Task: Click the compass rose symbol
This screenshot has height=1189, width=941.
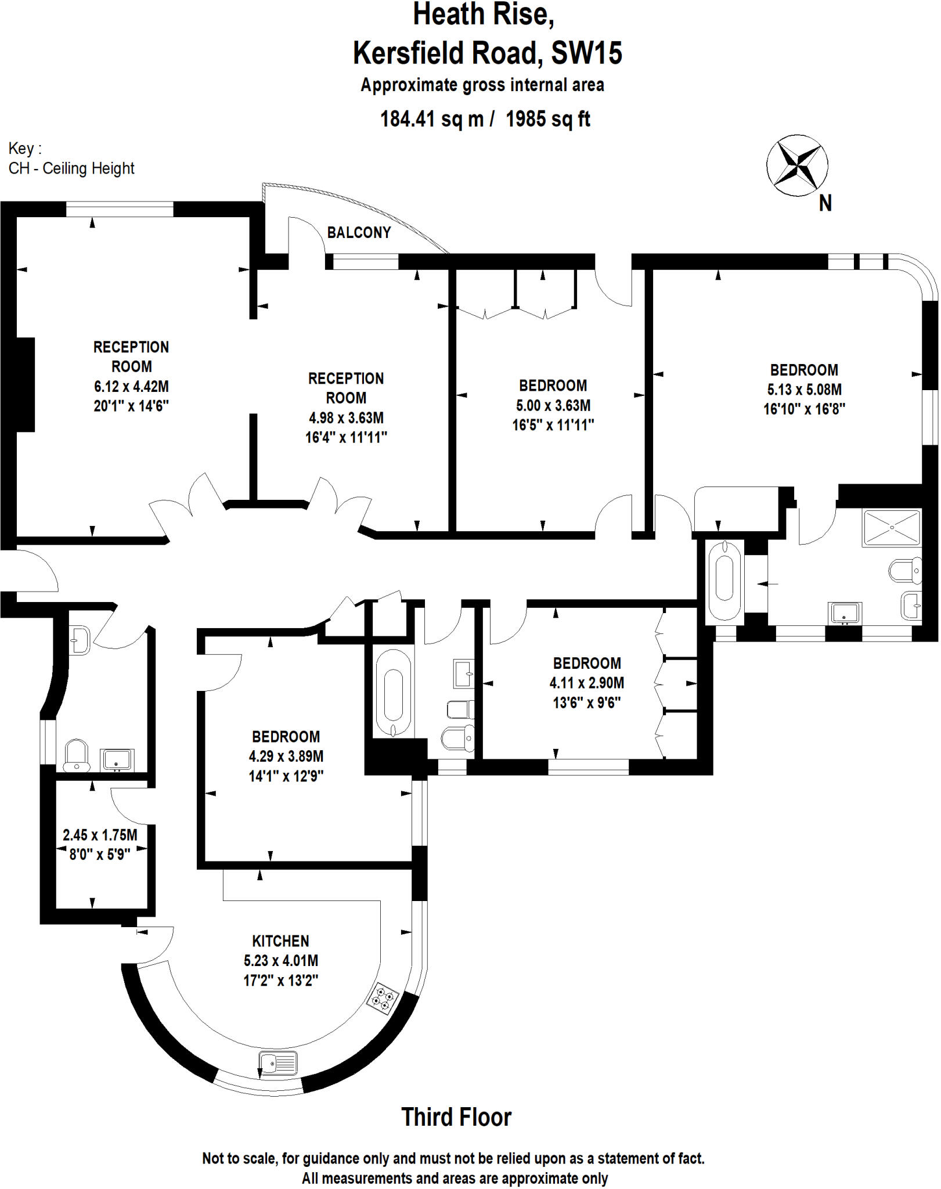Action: pos(797,165)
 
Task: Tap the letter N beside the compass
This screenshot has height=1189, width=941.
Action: pos(825,203)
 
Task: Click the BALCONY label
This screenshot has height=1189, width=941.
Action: pos(359,232)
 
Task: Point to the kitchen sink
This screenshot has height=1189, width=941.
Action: pos(278,1064)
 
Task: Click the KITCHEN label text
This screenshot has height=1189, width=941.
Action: pos(280,941)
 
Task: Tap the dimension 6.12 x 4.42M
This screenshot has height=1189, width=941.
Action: pos(131,386)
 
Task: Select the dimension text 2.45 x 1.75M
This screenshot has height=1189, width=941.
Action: pos(100,835)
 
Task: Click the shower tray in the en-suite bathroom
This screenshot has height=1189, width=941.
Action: pos(892,528)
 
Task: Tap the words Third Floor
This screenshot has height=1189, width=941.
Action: pos(456,1117)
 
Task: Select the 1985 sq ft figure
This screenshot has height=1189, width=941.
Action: pos(547,119)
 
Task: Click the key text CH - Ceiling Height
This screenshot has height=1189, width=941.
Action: pos(71,168)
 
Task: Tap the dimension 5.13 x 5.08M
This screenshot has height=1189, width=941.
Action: pos(804,389)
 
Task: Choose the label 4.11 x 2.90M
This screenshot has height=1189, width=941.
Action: pos(586,683)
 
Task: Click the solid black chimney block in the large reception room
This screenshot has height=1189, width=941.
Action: pos(26,384)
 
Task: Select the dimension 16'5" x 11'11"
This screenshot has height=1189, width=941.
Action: pos(553,425)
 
